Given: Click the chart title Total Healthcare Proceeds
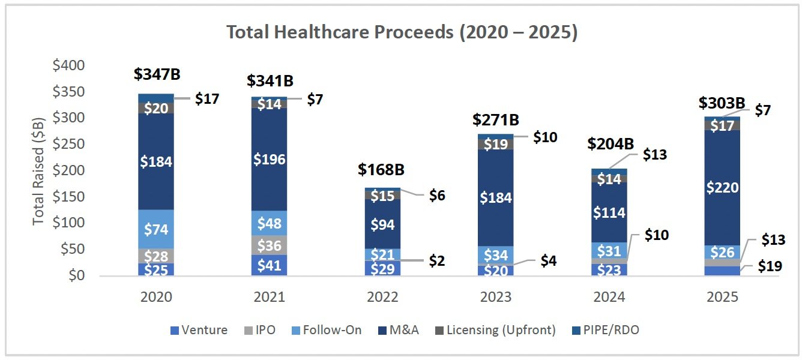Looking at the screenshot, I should (x=402, y=32).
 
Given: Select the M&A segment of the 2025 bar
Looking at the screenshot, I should (x=723, y=187).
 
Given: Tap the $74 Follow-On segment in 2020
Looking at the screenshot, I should (x=155, y=229).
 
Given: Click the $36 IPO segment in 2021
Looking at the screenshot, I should (x=270, y=245).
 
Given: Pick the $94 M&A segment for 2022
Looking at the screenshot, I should (x=382, y=224).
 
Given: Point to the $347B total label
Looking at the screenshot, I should (x=157, y=74).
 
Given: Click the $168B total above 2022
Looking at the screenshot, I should (x=381, y=169).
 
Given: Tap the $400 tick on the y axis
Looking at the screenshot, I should (x=69, y=65).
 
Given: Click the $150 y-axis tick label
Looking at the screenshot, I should (x=69, y=196).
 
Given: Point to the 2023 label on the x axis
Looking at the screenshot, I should (x=496, y=297).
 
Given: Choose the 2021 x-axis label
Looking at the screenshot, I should (x=270, y=297).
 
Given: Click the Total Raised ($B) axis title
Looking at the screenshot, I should (x=38, y=170).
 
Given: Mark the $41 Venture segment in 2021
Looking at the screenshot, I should (x=270, y=266).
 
